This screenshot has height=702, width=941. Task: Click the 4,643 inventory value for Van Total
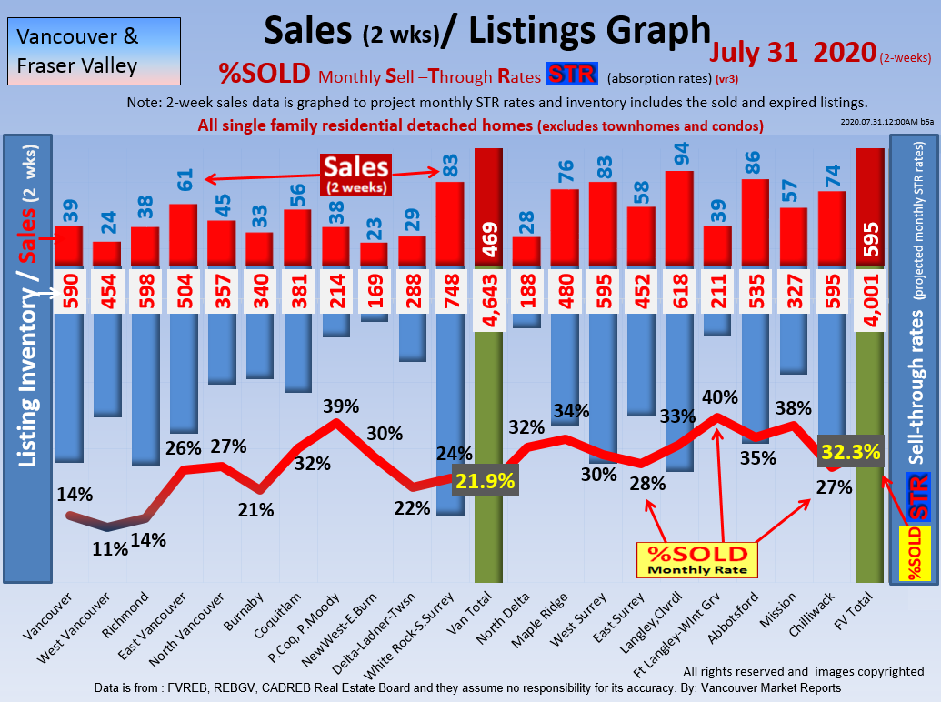488,293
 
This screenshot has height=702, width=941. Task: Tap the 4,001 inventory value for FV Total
870,293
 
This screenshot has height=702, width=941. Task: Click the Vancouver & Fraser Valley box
91,51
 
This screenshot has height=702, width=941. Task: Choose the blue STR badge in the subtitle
571,75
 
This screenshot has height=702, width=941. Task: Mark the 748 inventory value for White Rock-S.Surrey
450,293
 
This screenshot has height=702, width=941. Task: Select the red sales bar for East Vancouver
183,235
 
